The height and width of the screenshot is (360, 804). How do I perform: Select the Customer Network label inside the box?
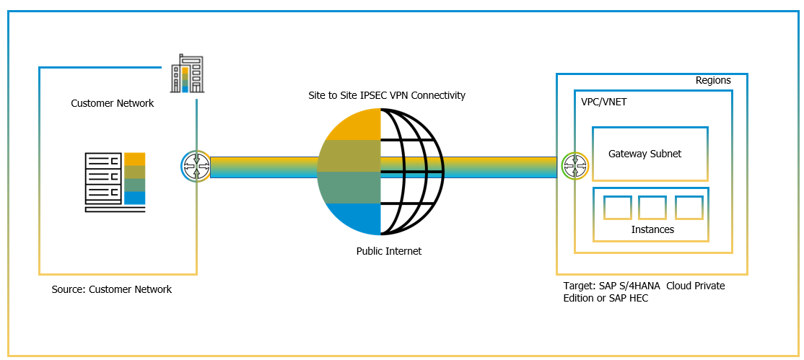112,103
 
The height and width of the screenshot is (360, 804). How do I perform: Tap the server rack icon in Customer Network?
115,182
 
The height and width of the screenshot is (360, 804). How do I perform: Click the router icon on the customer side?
195,166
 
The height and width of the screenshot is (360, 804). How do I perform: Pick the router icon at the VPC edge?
575,166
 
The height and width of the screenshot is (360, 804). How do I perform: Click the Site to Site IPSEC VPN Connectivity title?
386,95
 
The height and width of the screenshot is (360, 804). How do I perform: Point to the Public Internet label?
388,251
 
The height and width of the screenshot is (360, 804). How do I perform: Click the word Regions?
713,80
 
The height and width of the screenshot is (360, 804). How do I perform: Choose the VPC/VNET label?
603,102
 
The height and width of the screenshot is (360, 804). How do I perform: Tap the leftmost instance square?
617,207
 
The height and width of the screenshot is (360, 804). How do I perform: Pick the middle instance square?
652,207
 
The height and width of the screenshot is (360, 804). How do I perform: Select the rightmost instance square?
689,207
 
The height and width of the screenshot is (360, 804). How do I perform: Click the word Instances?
652,229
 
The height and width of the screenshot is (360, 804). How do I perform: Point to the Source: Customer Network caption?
112,289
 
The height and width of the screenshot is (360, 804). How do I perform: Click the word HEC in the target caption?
638,298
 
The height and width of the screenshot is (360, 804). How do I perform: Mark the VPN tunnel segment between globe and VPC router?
502,166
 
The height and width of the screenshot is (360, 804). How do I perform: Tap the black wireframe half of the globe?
411,172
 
